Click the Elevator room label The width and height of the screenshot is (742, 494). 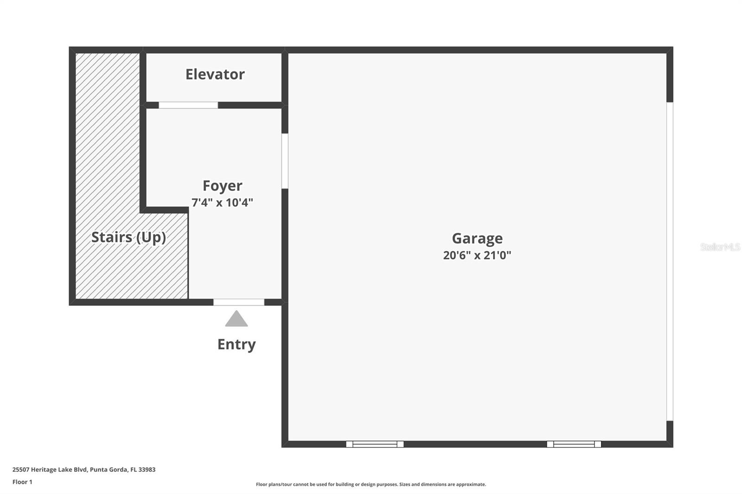(215, 74)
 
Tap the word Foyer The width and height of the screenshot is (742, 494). (222, 186)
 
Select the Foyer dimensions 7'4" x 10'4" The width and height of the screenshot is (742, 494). (222, 203)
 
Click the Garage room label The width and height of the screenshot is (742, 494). (477, 238)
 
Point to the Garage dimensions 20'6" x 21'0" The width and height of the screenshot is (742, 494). (477, 255)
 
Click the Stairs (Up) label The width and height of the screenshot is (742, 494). (128, 237)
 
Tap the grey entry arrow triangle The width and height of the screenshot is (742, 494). (237, 320)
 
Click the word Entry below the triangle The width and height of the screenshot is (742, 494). (237, 344)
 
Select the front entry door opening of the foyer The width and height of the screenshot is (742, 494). (239, 302)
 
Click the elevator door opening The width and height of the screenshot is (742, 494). (188, 105)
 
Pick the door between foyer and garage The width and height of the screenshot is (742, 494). (285, 161)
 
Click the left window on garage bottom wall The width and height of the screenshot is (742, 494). (375, 444)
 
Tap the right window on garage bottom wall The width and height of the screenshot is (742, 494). (574, 444)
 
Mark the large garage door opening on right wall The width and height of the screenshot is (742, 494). (670, 261)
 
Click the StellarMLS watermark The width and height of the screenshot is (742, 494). (720, 247)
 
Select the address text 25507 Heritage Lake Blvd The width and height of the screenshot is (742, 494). (50, 469)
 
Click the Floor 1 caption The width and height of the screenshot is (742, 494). (22, 482)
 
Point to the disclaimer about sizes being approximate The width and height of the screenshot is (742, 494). (371, 484)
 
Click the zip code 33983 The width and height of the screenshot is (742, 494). (147, 469)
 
